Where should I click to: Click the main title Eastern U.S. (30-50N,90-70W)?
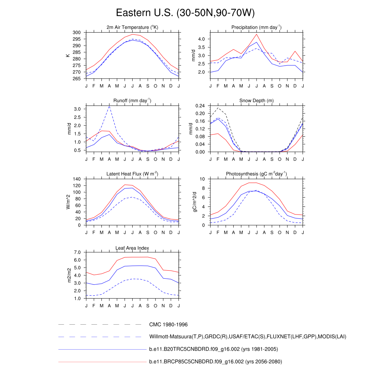[185, 13]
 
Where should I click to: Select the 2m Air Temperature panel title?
[132, 28]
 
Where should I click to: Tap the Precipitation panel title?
[257, 28]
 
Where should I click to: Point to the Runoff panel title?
[132, 101]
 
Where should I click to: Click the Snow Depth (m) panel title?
[257, 101]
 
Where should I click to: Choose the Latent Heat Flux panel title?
[132, 174]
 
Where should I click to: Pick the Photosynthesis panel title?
[257, 174]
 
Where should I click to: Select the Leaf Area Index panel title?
[132, 248]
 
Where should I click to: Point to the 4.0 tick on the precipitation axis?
[201, 39]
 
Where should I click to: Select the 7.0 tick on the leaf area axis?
[77, 252]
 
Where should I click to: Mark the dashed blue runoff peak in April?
[109, 106]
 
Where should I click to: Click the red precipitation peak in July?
[257, 34]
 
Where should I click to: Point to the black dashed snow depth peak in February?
[218, 108]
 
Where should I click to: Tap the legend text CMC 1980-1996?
[168, 324]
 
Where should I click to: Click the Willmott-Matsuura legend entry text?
[248, 337]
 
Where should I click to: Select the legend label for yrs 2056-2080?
[216, 362]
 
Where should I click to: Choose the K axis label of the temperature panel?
[67, 55]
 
